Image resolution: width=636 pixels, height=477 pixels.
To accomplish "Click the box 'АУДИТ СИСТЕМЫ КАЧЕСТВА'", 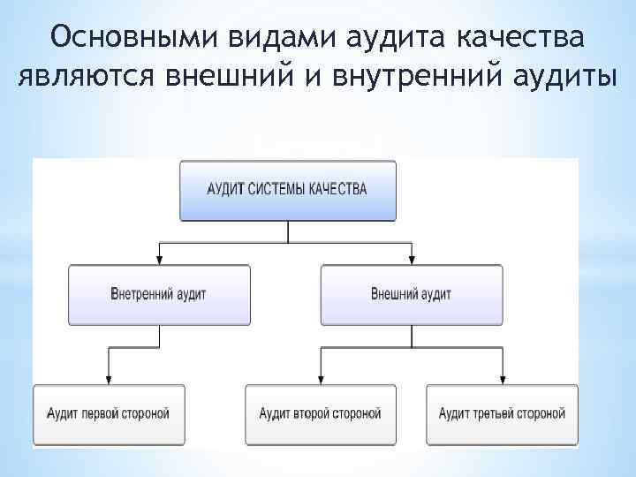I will [x=288, y=190].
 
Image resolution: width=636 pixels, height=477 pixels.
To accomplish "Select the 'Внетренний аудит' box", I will [x=159, y=294].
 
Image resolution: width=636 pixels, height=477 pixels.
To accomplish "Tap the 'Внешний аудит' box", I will [x=411, y=294].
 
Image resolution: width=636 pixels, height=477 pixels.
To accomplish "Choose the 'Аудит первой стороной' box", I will [x=110, y=413].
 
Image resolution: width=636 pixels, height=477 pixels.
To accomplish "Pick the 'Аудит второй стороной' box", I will [x=320, y=413].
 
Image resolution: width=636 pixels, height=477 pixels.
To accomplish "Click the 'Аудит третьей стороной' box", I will [x=502, y=413].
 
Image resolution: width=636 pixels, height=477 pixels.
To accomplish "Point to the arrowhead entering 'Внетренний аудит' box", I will [x=159, y=259].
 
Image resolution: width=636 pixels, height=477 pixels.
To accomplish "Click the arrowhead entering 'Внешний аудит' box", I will [x=411, y=259].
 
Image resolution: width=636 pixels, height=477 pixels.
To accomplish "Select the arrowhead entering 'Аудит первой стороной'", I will [x=110, y=379].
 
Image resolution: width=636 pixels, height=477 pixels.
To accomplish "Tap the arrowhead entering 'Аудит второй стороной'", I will [x=320, y=379].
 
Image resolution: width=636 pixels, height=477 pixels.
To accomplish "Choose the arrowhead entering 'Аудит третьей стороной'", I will [x=502, y=379].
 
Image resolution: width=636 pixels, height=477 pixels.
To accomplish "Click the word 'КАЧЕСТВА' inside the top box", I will [x=339, y=189].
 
